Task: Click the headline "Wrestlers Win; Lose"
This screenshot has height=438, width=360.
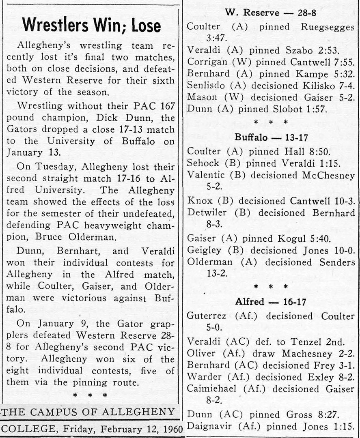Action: [91, 26]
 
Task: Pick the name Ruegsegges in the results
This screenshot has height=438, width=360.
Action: [328, 27]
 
